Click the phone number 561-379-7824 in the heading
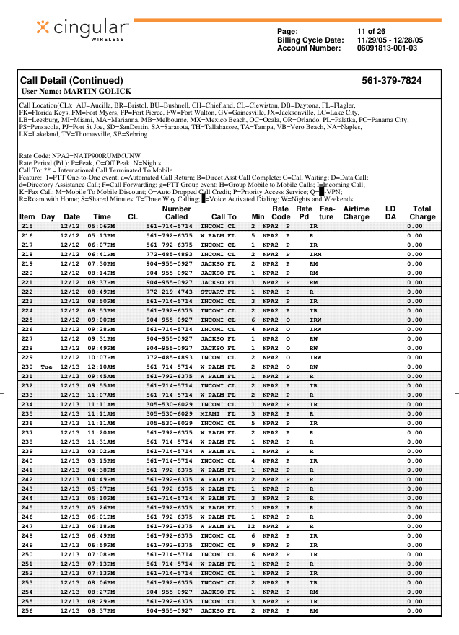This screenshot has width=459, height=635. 392,81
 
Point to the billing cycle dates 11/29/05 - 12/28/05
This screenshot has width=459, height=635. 390,40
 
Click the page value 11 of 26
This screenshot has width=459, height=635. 371,31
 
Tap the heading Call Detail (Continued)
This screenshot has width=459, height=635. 71,81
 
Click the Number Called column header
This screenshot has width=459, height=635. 176,212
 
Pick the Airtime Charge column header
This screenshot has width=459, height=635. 356,212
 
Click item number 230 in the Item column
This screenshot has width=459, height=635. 27,367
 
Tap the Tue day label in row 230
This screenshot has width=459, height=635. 47,367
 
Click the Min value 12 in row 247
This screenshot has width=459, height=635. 251,527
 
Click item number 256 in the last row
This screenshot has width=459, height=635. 27,610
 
